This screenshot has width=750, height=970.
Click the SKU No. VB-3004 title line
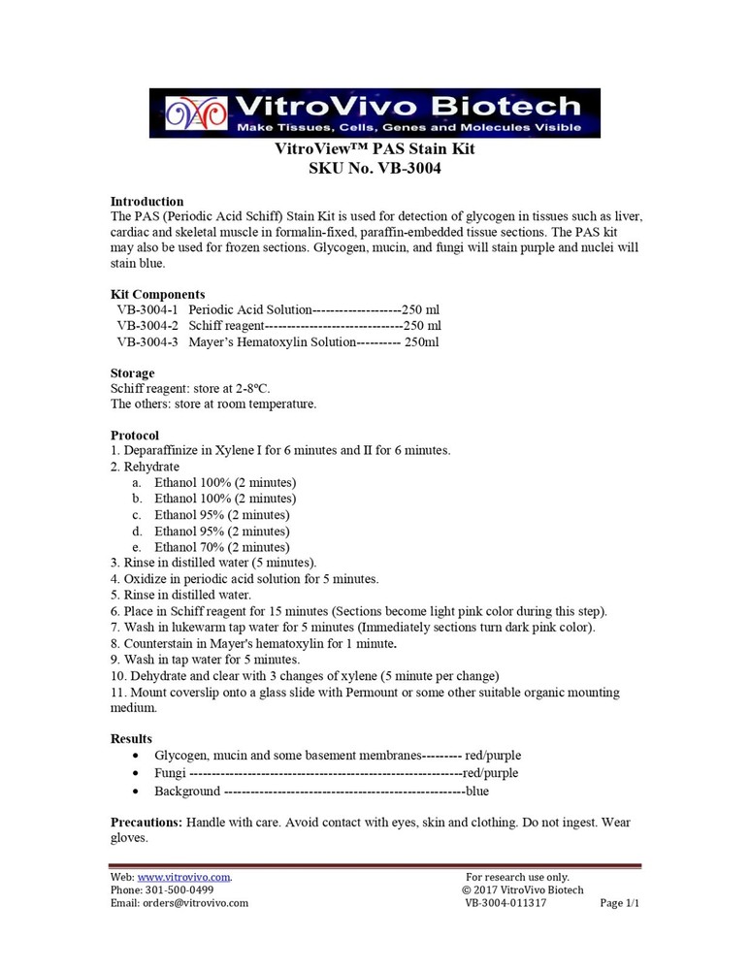click(x=375, y=169)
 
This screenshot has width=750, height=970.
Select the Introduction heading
click(x=147, y=202)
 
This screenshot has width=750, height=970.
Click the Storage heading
click(x=132, y=373)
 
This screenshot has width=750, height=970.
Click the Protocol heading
click(x=135, y=436)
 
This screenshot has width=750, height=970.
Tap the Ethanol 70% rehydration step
click(x=221, y=547)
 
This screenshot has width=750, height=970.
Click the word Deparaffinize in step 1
click(x=161, y=451)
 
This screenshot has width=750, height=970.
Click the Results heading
click(x=131, y=739)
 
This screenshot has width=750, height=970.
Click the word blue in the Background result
click(x=477, y=792)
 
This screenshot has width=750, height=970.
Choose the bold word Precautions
click(x=147, y=823)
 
